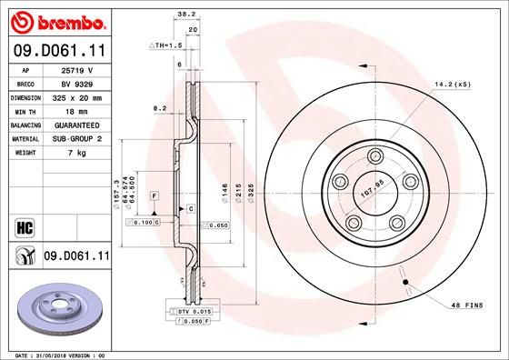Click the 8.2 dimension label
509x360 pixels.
click(x=161, y=108)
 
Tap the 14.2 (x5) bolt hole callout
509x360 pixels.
click(x=453, y=84)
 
